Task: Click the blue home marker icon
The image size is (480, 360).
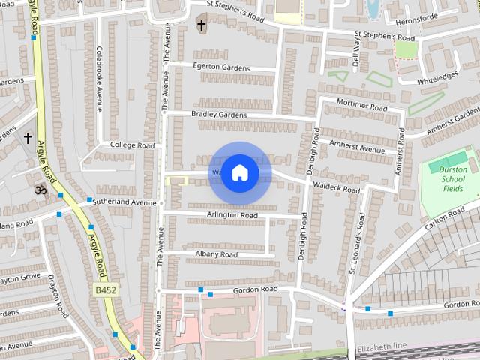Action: click(x=239, y=173)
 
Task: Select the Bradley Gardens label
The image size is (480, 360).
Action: click(x=218, y=115)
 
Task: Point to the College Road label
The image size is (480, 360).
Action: click(x=132, y=145)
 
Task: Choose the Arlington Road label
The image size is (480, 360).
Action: click(x=232, y=215)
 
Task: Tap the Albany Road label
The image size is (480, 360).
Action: click(x=216, y=255)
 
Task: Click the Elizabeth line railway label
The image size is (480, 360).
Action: click(x=382, y=346)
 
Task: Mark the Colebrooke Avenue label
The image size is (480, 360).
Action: click(x=98, y=78)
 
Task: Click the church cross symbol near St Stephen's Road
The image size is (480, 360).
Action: click(x=201, y=25)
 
